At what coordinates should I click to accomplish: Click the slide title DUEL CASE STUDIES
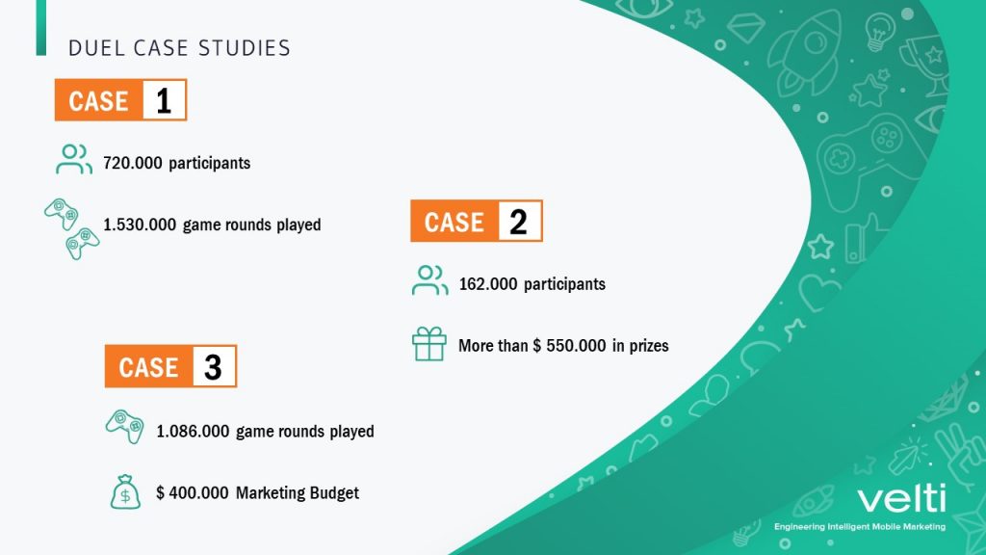[179, 48]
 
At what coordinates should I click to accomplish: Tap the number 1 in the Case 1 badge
[164, 100]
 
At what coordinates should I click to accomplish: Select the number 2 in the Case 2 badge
[519, 222]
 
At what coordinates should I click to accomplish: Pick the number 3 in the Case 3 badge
[213, 367]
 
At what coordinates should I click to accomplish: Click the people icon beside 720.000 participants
[73, 159]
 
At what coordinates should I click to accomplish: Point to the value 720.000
[133, 163]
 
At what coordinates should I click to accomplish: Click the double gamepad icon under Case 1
[71, 229]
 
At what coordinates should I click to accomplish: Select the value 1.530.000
[140, 225]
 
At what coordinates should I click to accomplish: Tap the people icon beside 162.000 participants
[430, 280]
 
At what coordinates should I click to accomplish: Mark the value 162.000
[488, 284]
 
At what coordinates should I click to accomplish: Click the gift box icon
[429, 344]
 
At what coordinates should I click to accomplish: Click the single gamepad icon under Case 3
[124, 427]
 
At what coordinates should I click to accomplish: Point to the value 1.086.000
[193, 431]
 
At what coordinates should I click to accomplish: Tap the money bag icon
[125, 491]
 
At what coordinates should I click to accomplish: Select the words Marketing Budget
[298, 492]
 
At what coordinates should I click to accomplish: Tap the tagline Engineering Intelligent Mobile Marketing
[860, 527]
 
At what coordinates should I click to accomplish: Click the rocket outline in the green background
[805, 54]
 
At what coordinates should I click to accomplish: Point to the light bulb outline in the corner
[879, 32]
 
